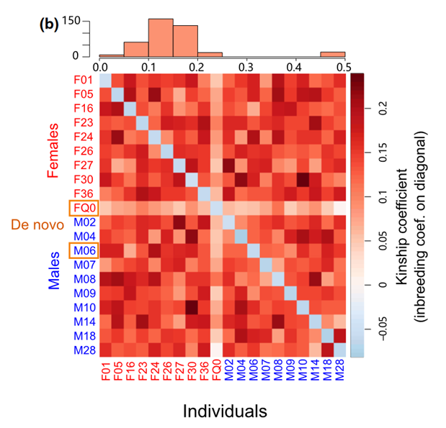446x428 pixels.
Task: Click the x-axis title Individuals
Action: coord(224,411)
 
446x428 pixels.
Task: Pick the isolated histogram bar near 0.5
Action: coord(332,54)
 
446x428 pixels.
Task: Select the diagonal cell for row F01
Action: coord(105,79)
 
